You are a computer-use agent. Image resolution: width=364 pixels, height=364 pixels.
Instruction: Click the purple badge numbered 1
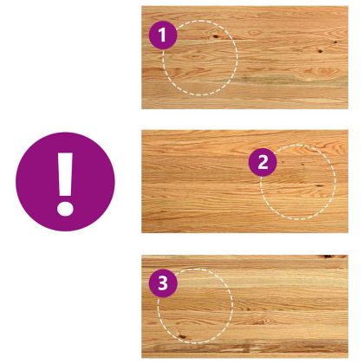pyautogui.click(x=163, y=36)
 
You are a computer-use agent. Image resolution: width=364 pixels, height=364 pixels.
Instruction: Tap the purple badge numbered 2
pyautogui.click(x=263, y=162)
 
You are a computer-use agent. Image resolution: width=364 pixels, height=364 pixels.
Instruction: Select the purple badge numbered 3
pyautogui.click(x=163, y=283)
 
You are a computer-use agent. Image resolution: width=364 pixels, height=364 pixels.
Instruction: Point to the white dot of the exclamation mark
pyautogui.click(x=65, y=209)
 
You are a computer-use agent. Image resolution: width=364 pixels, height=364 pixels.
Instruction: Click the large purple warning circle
pyautogui.click(x=65, y=182)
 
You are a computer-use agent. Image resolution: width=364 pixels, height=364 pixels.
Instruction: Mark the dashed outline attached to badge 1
pyautogui.click(x=237, y=58)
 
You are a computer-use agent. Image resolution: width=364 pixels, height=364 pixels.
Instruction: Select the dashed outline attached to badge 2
pyautogui.click(x=335, y=181)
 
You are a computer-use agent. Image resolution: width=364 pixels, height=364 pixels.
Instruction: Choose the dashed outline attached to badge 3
pyautogui.click(x=232, y=306)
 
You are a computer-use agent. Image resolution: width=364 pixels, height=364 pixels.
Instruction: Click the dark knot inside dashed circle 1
pyautogui.click(x=216, y=36)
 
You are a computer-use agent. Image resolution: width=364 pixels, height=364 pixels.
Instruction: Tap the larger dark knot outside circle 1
pyautogui.click(x=320, y=51)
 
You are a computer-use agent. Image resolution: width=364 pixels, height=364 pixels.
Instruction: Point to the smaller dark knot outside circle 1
pyautogui.click(x=335, y=42)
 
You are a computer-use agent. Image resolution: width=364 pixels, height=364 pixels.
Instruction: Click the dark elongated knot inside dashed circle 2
pyautogui.click(x=319, y=185)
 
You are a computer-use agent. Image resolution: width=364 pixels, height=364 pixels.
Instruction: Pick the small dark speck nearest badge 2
pyautogui.click(x=283, y=163)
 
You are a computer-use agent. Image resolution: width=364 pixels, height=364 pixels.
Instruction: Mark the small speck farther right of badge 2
pyautogui.click(x=303, y=165)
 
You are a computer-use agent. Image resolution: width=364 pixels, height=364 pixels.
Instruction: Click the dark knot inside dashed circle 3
pyautogui.click(x=181, y=336)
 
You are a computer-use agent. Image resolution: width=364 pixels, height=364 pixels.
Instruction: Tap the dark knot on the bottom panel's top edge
pyautogui.click(x=328, y=257)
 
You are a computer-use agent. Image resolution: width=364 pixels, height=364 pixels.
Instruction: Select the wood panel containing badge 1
pyautogui.click(x=244, y=57)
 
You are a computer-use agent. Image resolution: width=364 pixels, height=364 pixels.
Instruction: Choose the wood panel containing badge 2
pyautogui.click(x=244, y=181)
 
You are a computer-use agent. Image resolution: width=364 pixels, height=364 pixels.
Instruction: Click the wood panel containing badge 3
pyautogui.click(x=244, y=306)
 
